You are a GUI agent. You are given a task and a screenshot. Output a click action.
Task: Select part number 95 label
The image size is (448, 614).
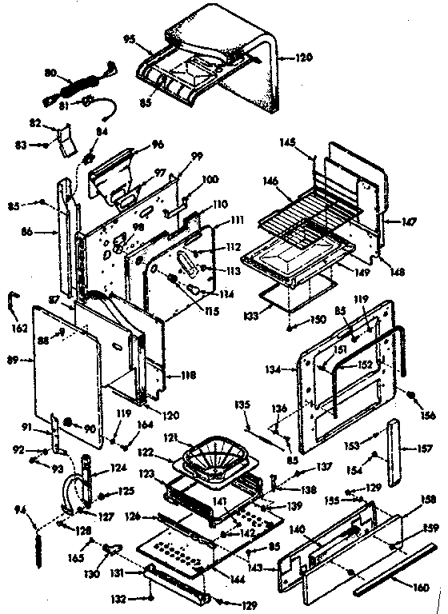click(128, 38)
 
